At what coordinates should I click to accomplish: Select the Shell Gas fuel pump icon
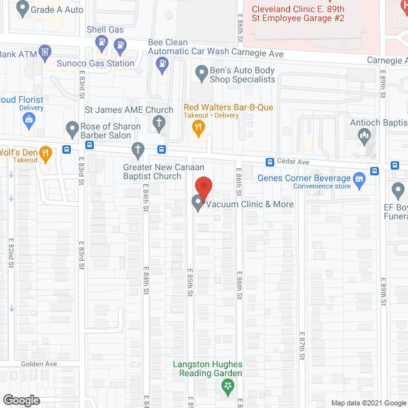click(101, 43)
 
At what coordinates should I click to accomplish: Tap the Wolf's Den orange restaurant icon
click(45, 153)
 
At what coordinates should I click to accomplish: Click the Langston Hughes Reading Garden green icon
click(226, 386)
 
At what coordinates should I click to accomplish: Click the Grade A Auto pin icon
click(23, 9)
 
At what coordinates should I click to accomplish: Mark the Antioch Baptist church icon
click(365, 135)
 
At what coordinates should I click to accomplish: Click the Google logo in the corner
click(21, 400)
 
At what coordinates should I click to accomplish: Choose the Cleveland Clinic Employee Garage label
click(298, 13)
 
